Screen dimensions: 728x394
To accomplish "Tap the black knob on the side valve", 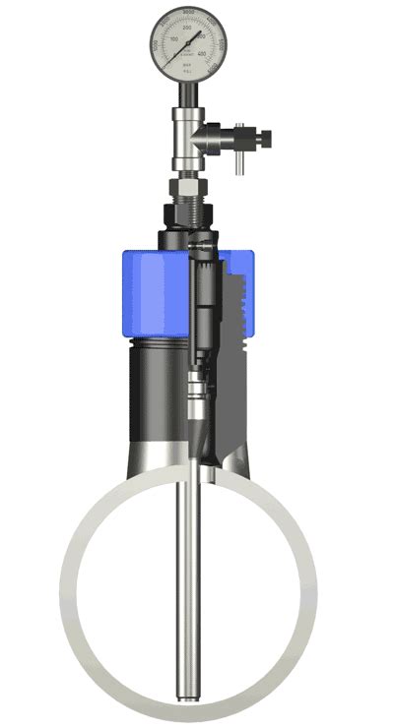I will click(258, 137).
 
